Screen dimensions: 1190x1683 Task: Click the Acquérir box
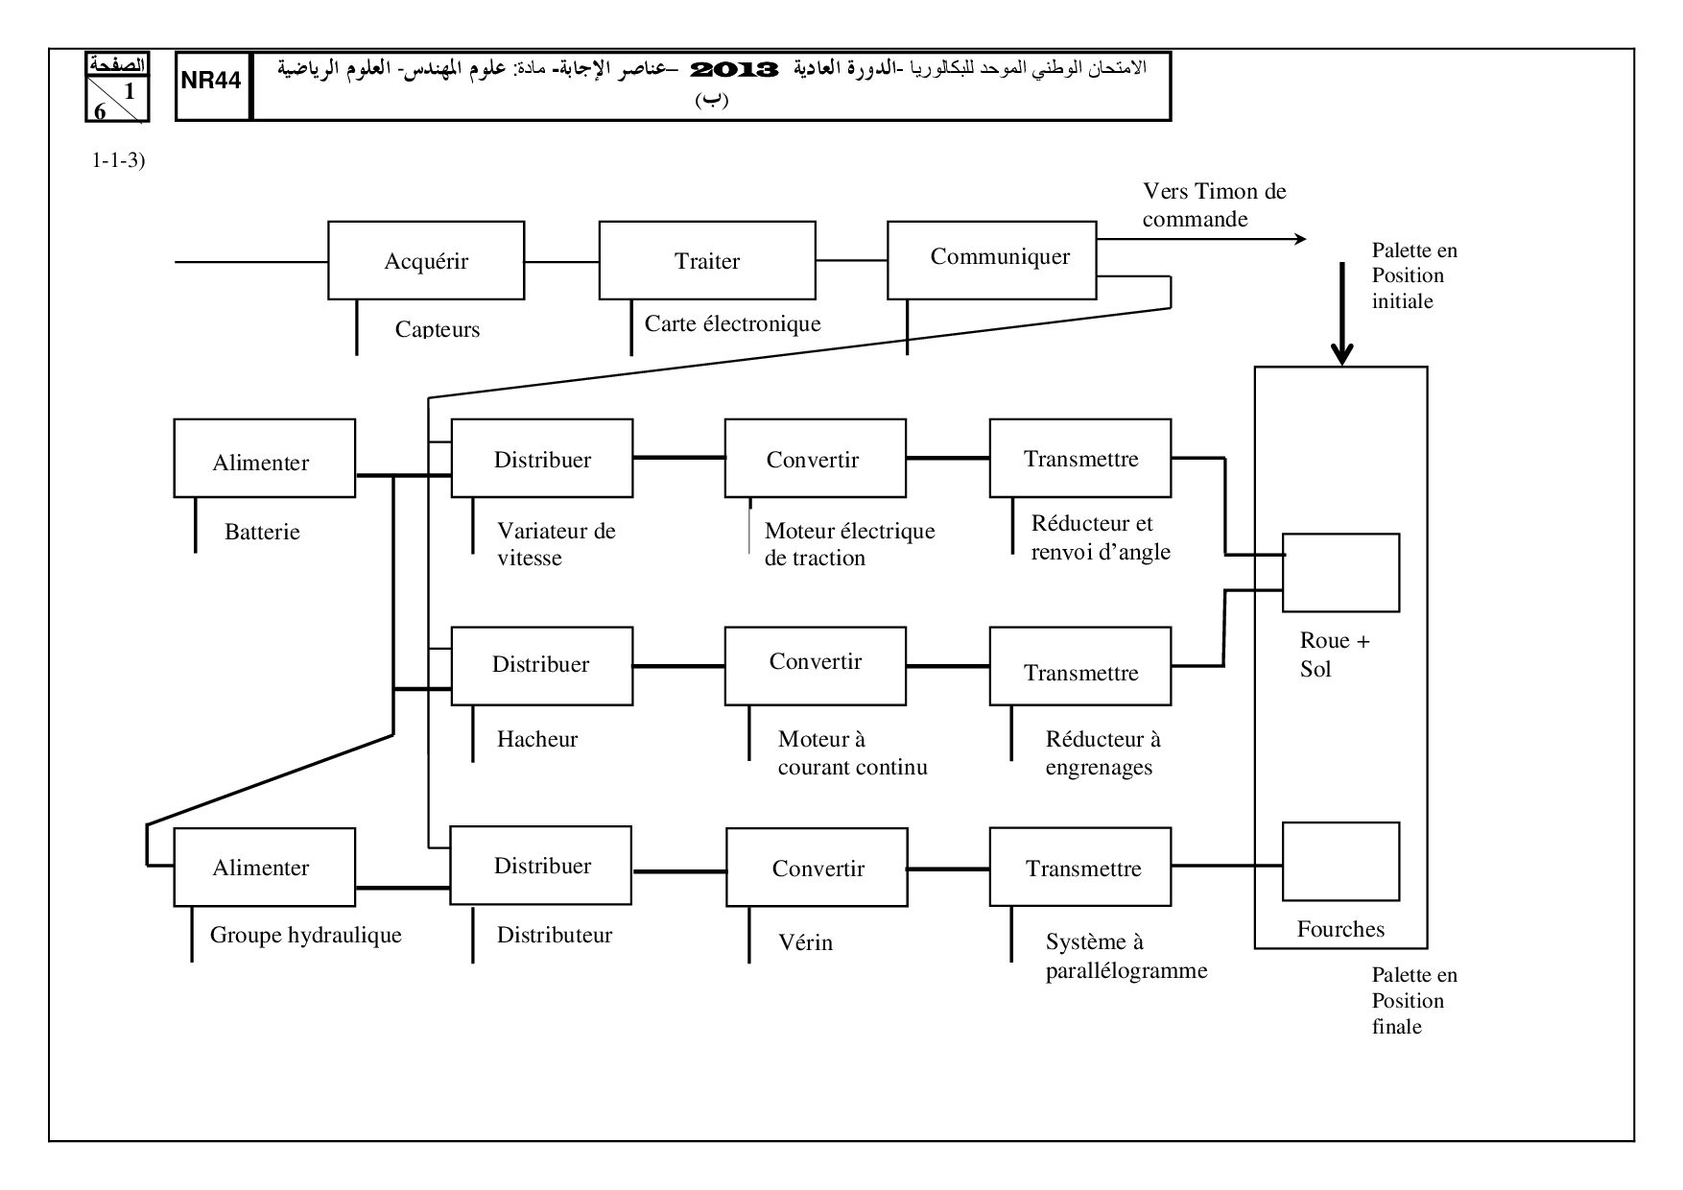pos(426,260)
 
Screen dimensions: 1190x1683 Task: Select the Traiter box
pos(707,260)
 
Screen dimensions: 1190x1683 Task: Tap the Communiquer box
pos(991,259)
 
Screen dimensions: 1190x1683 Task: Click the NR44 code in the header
pos(212,81)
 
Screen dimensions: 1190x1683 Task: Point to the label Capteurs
pos(437,329)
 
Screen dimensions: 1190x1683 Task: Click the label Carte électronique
pos(732,323)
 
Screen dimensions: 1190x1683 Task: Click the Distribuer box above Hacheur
pos(541,666)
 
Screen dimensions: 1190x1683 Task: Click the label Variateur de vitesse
pos(556,544)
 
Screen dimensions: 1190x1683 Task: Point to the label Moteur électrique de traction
pos(849,544)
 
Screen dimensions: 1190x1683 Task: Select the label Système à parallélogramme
pos(1126,956)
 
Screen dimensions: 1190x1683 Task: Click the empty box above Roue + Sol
pos(1340,572)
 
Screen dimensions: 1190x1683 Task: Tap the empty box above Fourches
pos(1340,861)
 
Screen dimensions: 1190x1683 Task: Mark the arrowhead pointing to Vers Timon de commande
pos(1300,239)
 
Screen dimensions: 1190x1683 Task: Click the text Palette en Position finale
pos(1413,1000)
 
